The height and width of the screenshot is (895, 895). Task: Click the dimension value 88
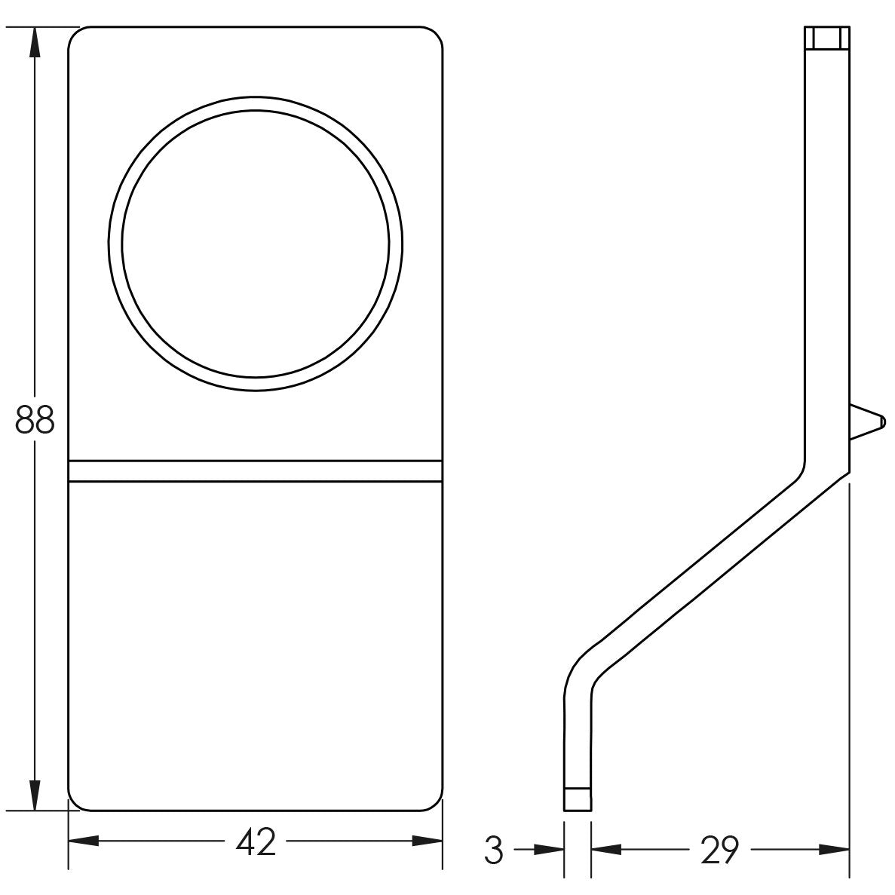[x=35, y=421]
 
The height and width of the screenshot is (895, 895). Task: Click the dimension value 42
[x=256, y=843]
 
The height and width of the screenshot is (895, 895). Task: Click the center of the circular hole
[x=256, y=244]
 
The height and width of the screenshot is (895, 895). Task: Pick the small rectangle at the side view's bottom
[x=578, y=798]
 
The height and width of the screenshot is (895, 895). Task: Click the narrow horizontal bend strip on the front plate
[x=255, y=470]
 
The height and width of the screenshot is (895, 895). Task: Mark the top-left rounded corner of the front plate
[x=75, y=35]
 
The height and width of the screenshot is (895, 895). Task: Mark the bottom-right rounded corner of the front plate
[x=435, y=804]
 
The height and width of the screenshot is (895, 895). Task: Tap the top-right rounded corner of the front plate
[x=435, y=35]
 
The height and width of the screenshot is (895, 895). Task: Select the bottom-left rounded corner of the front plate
[x=75, y=804]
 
